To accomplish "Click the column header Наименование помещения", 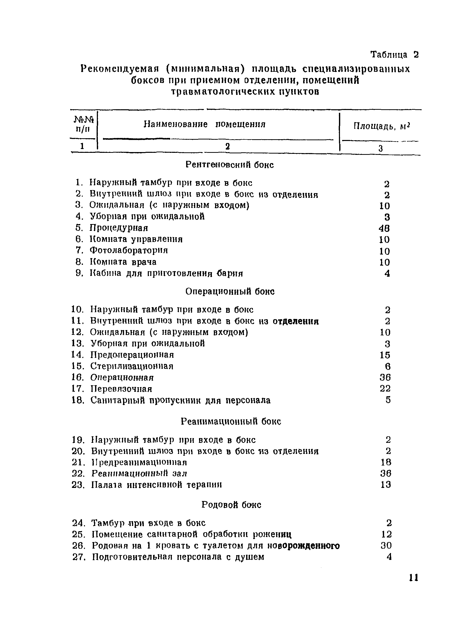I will (x=204, y=124).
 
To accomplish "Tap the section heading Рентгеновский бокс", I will (x=229, y=164).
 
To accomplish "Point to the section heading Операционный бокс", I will (x=230, y=292).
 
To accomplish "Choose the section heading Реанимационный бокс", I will (x=231, y=421).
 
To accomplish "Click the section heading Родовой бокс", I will (x=231, y=505).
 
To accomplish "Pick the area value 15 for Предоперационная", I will (x=385, y=355).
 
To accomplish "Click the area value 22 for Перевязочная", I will (x=385, y=389).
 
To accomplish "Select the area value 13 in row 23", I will (x=386, y=485).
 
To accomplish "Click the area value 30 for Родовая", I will (x=386, y=546).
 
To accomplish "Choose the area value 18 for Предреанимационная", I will (x=386, y=462).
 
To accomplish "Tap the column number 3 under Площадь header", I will (x=380, y=148).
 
